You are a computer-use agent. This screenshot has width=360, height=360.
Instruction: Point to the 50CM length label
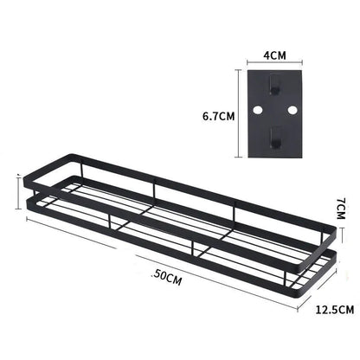point(167,277)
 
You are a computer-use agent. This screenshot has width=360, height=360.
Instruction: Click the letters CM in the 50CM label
point(175,277)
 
